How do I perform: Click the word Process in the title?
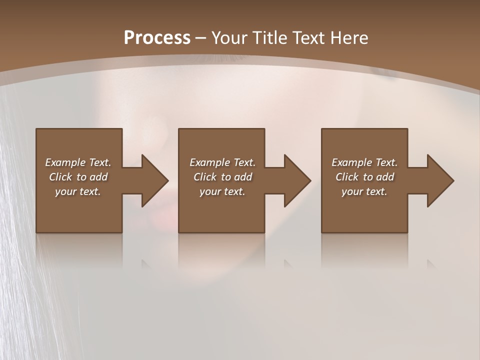157,38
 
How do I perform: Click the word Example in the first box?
65,162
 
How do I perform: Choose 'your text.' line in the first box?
78,191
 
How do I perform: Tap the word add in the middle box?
243,177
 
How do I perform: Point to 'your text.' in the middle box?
222,191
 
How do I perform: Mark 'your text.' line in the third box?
364,191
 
